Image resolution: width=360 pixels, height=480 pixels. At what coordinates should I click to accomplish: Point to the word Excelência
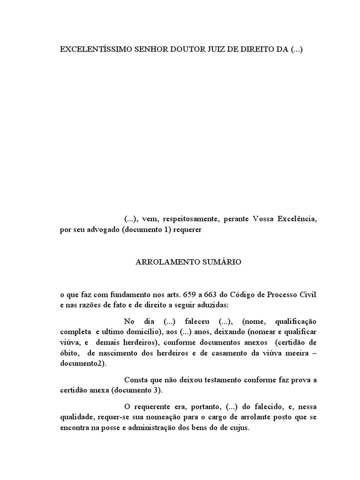(x=296, y=219)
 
